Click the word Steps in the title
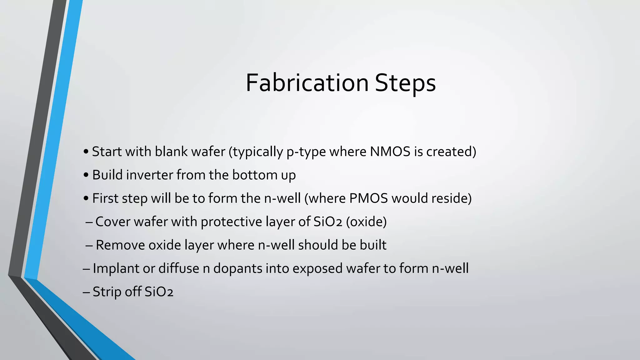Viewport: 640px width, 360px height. pos(405,83)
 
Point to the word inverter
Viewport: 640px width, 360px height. pos(150,175)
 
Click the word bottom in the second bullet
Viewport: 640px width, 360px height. pos(254,175)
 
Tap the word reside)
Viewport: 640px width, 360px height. pos(451,198)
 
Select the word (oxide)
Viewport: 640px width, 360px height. pos(366,222)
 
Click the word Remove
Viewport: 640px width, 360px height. pos(120,245)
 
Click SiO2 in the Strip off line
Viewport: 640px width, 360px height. pos(159,292)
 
